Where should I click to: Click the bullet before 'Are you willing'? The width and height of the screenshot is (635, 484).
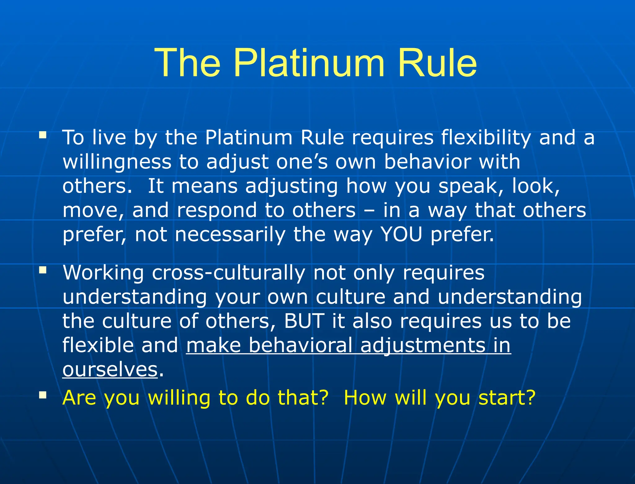pos(43,395)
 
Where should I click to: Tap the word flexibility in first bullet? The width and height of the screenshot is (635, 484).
pos(486,137)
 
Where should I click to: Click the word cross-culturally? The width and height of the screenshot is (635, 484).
pos(229,273)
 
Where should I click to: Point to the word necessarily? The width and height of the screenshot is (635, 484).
pos(230,235)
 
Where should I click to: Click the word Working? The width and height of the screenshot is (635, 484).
pos(103,273)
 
